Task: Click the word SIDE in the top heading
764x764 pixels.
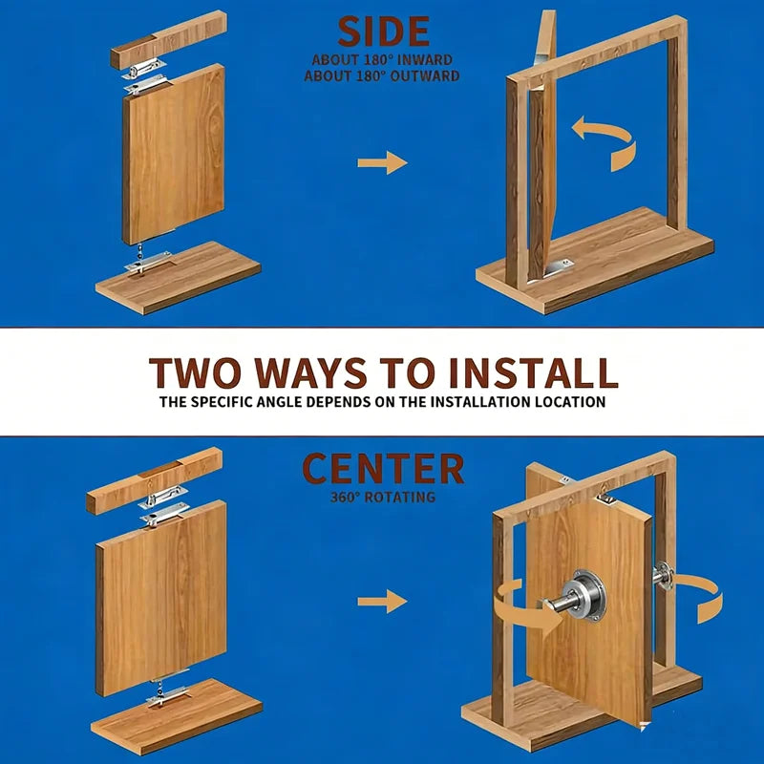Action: (383, 32)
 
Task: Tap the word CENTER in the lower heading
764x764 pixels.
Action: (383, 468)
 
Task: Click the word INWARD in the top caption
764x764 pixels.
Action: (425, 60)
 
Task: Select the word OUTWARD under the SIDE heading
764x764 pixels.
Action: (428, 76)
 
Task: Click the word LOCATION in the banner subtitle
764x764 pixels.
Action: (570, 402)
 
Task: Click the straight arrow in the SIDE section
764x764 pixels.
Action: (383, 162)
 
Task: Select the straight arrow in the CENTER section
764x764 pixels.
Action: (383, 601)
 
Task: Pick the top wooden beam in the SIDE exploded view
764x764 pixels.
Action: (168, 39)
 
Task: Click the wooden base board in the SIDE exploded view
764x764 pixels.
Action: (178, 278)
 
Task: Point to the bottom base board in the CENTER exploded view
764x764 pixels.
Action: (177, 717)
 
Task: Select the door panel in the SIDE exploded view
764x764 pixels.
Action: (174, 155)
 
